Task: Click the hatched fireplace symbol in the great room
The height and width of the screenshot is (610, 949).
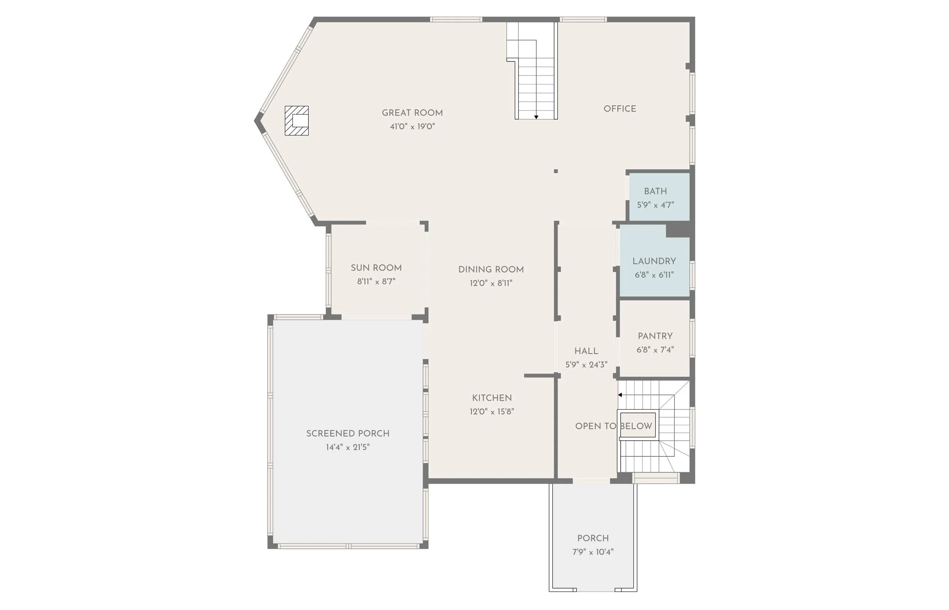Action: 296,120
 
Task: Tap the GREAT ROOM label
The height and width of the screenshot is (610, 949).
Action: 412,113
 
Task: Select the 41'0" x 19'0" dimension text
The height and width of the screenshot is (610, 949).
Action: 412,127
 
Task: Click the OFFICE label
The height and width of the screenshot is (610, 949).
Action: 620,109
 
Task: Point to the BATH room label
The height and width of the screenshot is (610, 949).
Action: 656,191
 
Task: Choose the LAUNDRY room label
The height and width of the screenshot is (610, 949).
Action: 654,261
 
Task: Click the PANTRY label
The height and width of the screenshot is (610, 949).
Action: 655,336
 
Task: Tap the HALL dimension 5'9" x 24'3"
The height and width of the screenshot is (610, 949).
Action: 586,365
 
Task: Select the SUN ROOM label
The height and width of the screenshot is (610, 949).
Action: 376,268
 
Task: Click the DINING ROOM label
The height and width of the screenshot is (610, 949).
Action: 491,270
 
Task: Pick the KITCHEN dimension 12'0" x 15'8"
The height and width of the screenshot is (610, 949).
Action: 492,412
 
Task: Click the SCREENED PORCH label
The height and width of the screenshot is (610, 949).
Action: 347,434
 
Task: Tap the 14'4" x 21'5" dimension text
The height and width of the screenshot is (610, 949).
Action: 347,447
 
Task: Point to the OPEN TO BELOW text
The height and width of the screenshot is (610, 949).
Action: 613,426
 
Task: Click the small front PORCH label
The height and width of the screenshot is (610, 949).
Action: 593,538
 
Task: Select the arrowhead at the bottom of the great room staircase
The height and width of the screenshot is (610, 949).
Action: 536,117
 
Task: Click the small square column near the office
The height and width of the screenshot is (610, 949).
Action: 555,171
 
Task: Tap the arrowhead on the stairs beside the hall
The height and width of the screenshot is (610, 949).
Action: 620,395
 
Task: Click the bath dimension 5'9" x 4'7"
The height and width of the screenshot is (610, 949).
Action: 656,205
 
